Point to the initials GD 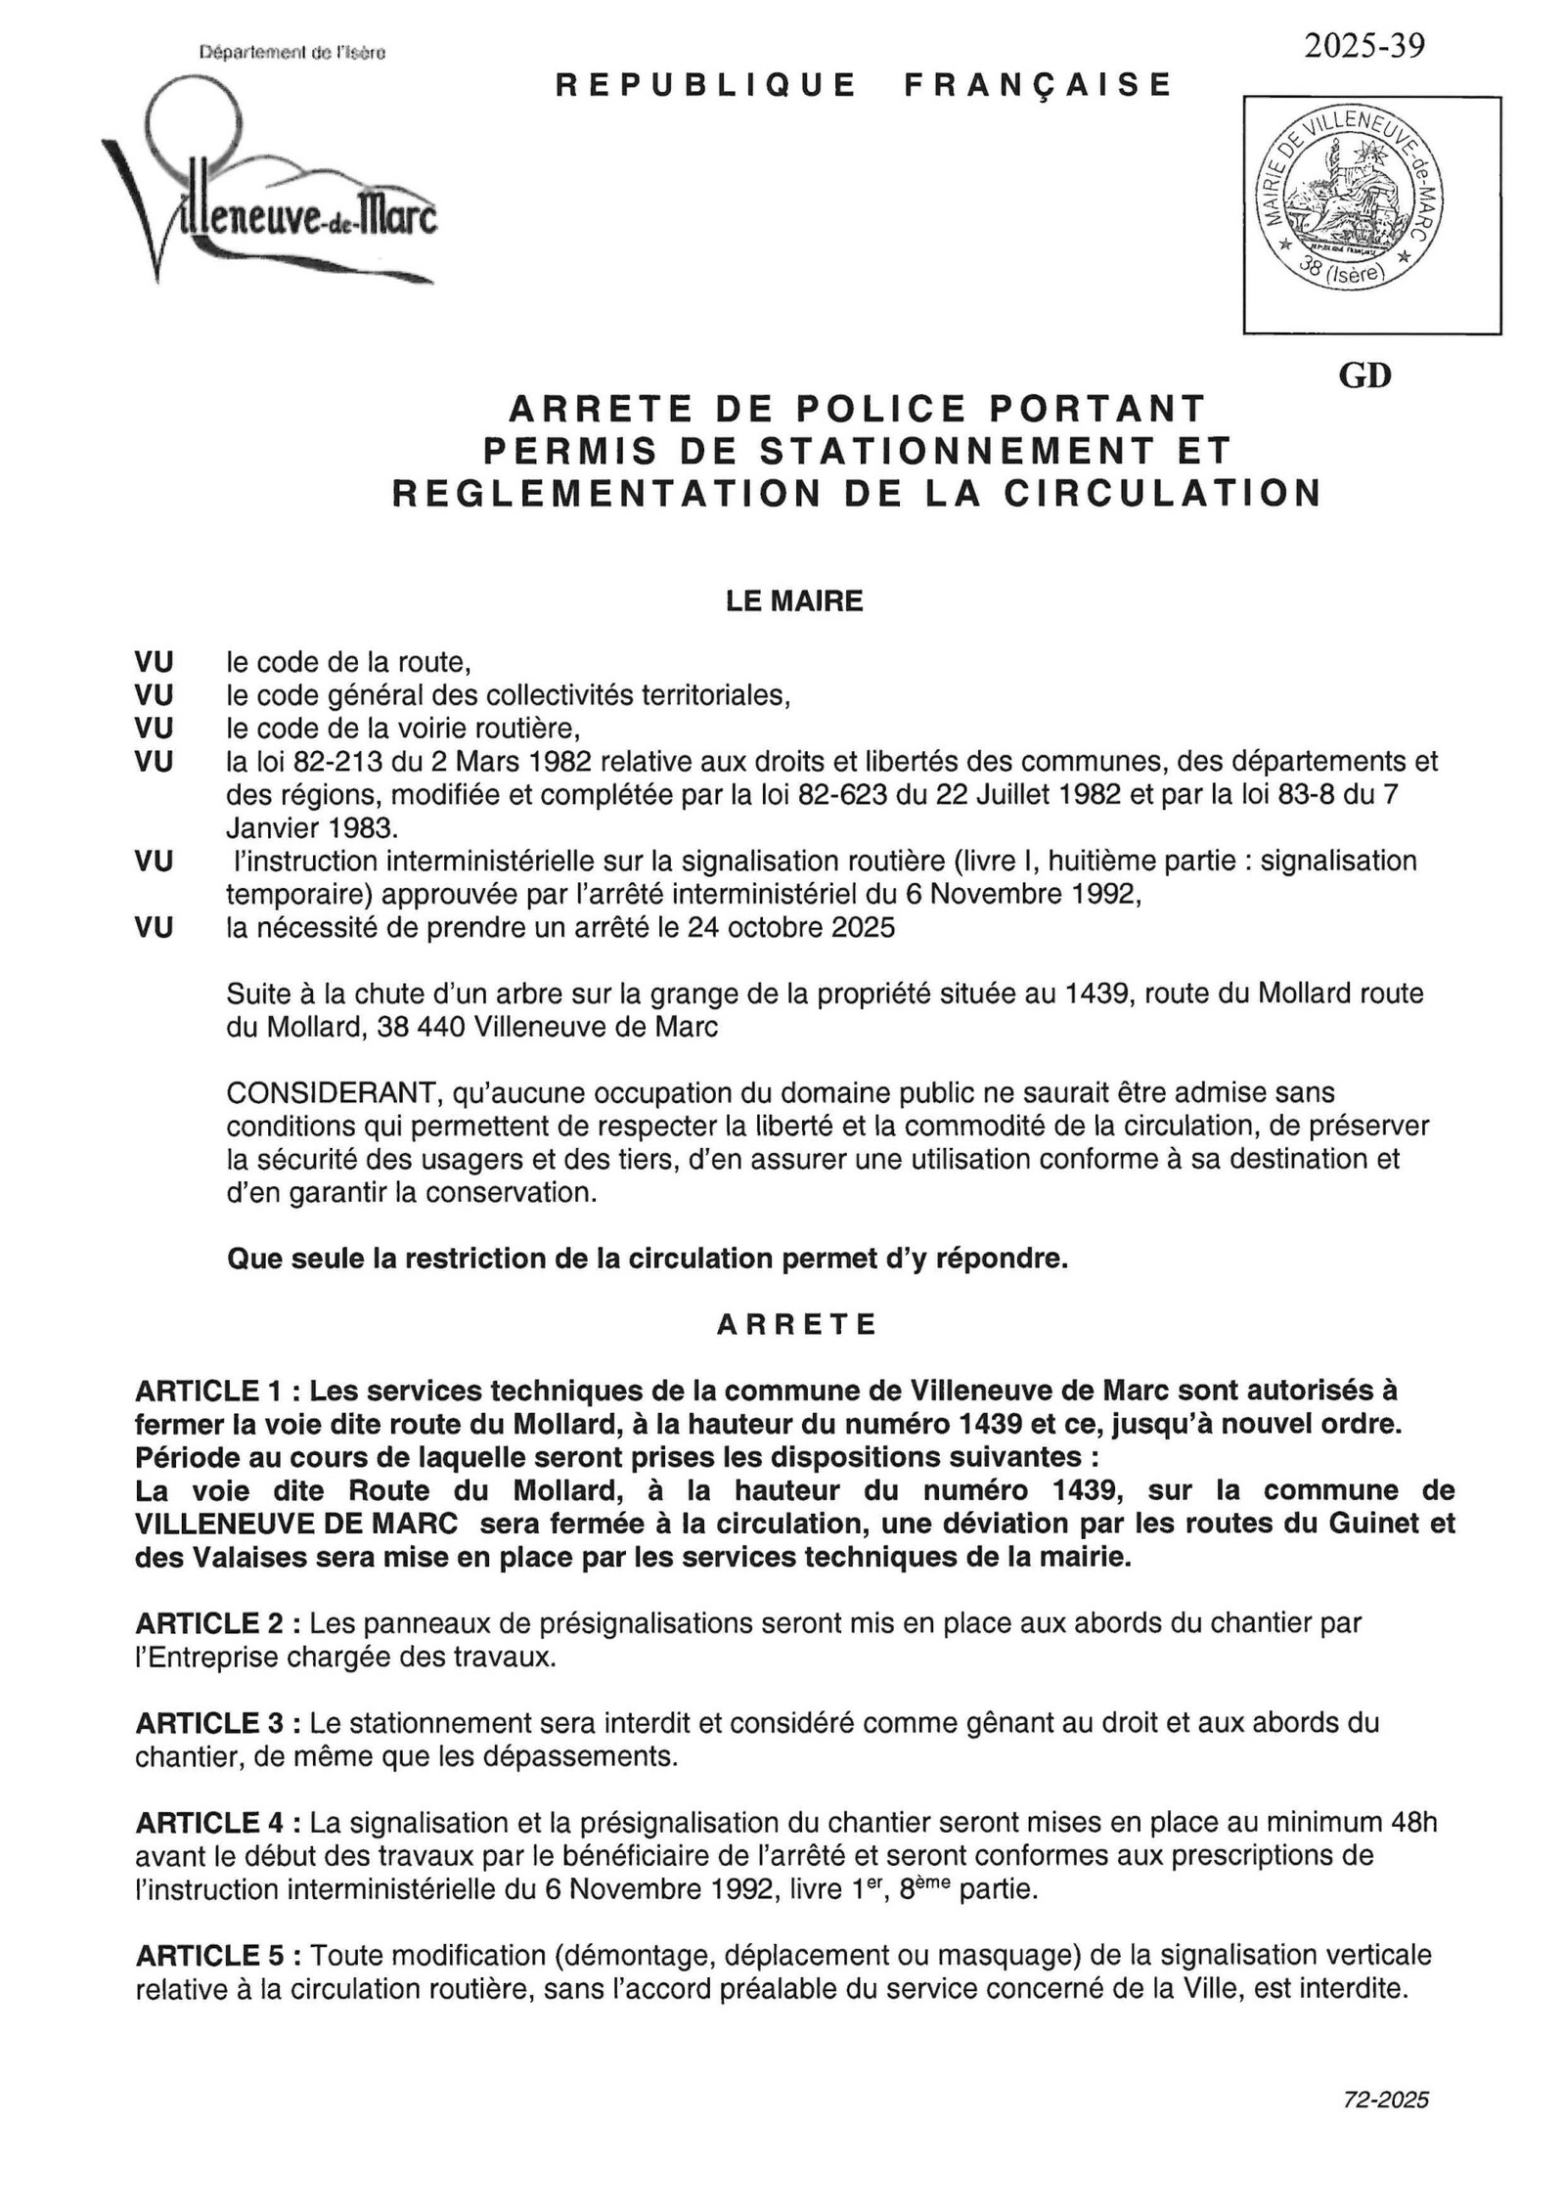coord(1364,376)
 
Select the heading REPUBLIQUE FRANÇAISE coord(863,85)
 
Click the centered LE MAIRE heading coord(793,600)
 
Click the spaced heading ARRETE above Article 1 coord(796,1324)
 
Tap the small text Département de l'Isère coord(291,53)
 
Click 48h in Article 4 coord(1411,1823)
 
